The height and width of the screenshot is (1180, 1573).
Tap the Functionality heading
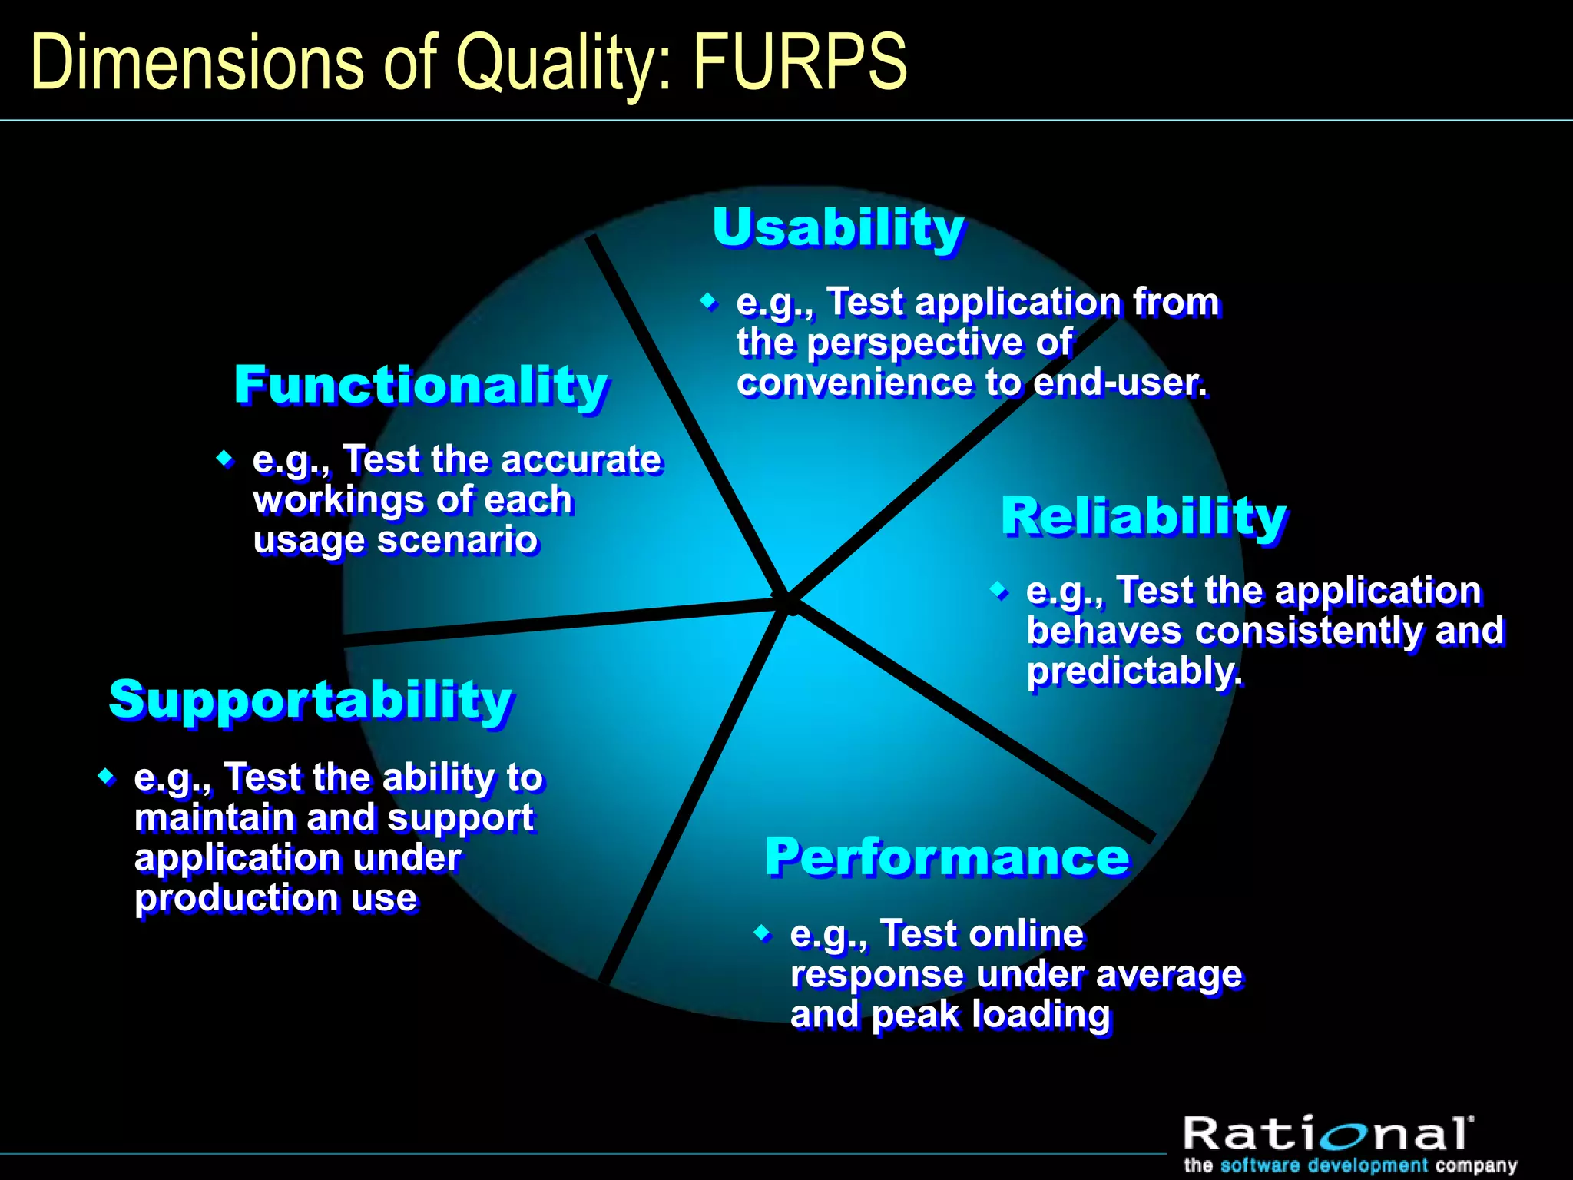pyautogui.click(x=421, y=386)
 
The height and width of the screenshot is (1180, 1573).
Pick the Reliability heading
pyautogui.click(x=1143, y=516)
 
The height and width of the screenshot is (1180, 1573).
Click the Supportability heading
pyautogui.click(x=310, y=700)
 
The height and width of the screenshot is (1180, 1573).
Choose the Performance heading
pyautogui.click(x=946, y=857)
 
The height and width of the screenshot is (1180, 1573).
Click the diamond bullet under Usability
pyautogui.click(x=709, y=301)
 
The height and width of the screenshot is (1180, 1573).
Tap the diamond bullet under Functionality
pyautogui.click(x=225, y=459)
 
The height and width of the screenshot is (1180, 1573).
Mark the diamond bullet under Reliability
pyautogui.click(x=998, y=591)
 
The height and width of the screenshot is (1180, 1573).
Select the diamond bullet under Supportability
pyautogui.click(x=107, y=777)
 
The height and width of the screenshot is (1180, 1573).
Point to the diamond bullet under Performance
pyautogui.click(x=762, y=933)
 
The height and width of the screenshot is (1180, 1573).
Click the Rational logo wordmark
pyautogui.click(x=1326, y=1135)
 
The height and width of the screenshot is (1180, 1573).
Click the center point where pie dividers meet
pyautogui.click(x=789, y=602)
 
